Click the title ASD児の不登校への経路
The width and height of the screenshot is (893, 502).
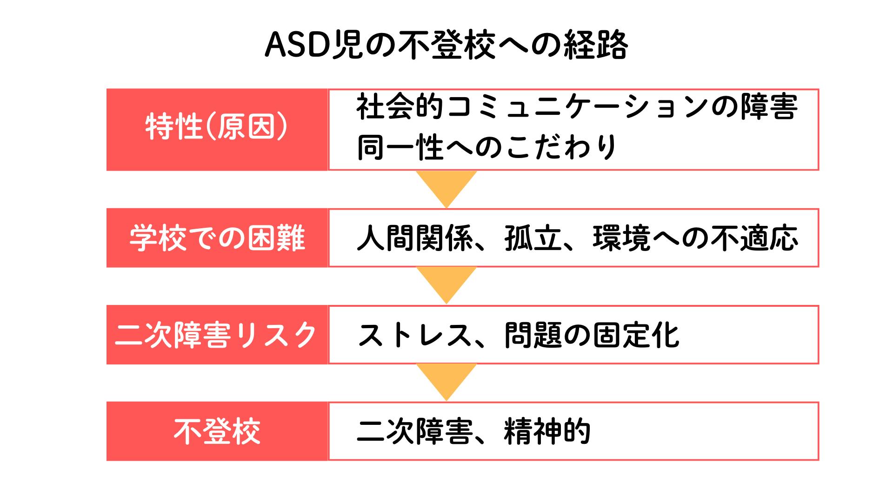[446, 46]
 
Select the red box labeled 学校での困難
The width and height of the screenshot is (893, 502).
[217, 238]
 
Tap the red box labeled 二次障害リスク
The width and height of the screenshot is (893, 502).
[217, 335]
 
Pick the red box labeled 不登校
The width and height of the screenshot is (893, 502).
[217, 431]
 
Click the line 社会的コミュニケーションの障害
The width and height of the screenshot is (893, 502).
[577, 107]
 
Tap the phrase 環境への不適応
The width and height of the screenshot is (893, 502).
[695, 238]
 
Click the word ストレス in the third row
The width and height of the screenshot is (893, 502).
[414, 335]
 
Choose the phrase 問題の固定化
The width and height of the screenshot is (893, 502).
[592, 335]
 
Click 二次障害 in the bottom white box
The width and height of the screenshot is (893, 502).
[414, 432]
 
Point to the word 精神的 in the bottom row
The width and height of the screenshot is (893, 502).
[547, 432]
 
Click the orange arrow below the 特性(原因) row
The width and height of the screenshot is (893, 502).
[446, 186]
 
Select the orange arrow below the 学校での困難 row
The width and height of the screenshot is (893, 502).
[446, 282]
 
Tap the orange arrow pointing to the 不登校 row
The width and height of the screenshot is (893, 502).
[446, 379]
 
